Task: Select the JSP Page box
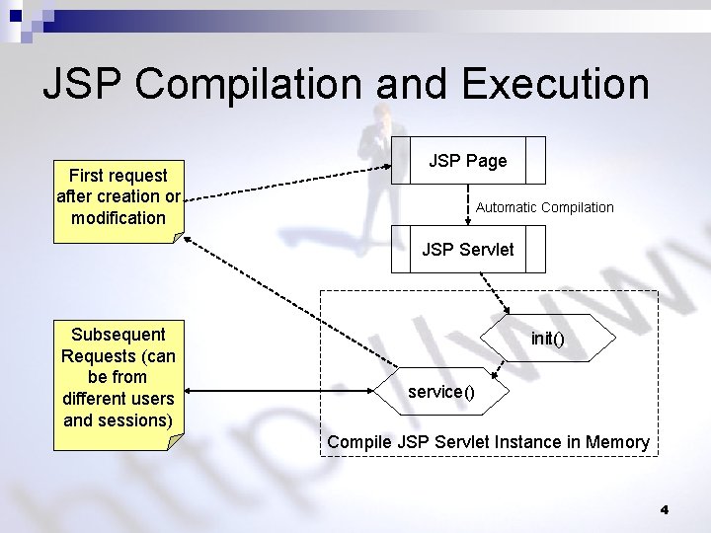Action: (x=468, y=160)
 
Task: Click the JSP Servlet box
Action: (x=468, y=249)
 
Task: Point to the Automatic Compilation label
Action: (x=544, y=207)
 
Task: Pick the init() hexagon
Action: (x=547, y=339)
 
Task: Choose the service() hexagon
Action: (x=441, y=392)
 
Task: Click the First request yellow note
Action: (x=118, y=196)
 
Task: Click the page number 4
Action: (x=664, y=509)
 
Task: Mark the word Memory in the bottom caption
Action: (x=617, y=442)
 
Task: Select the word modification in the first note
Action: (x=118, y=217)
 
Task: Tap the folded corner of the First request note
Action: (x=177, y=236)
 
